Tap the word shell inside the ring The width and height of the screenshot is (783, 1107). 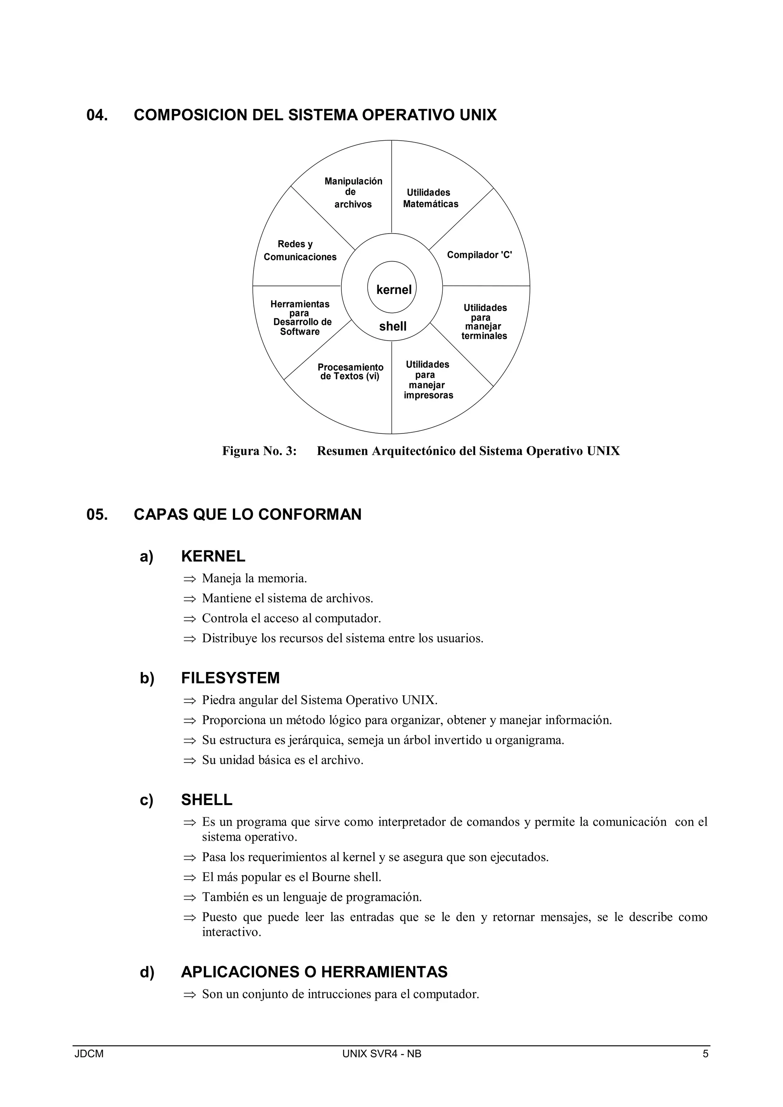[393, 326]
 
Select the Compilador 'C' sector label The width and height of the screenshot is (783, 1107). [479, 255]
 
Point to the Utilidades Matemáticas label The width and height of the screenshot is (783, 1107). [430, 198]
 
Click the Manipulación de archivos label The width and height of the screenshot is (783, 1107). [353, 192]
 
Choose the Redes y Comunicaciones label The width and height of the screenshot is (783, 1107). [300, 251]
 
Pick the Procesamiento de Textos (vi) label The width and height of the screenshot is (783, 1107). [351, 372]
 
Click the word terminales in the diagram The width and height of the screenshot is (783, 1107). [484, 336]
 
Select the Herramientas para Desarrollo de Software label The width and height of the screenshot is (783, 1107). [301, 318]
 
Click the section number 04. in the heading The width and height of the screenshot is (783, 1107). [97, 115]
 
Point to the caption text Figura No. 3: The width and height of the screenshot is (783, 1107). [259, 451]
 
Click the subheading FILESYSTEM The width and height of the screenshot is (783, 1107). [230, 678]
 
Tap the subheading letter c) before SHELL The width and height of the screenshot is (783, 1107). [146, 800]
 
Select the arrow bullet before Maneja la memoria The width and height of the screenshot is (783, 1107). [190, 579]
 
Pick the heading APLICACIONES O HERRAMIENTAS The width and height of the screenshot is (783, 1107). [314, 972]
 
